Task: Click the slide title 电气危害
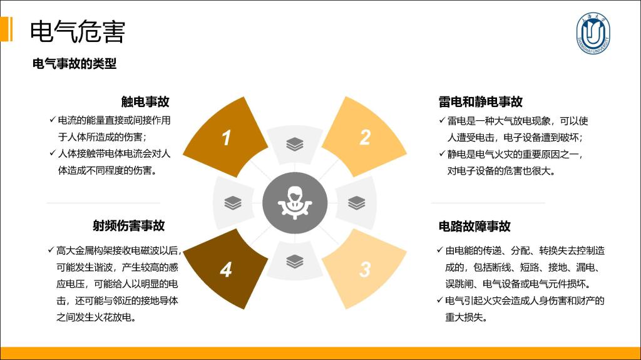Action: pyautogui.click(x=77, y=31)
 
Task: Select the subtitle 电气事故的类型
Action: pyautogui.click(x=74, y=64)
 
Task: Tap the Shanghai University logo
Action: pyautogui.click(x=593, y=33)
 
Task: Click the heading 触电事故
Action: pyautogui.click(x=145, y=102)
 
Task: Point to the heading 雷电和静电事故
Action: pyautogui.click(x=480, y=102)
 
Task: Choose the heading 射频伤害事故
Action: pyautogui.click(x=129, y=225)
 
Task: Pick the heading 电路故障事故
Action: pyautogui.click(x=474, y=226)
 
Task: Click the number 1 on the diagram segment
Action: pyautogui.click(x=227, y=138)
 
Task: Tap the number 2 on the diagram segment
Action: pyautogui.click(x=365, y=138)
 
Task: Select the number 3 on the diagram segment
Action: pyautogui.click(x=365, y=270)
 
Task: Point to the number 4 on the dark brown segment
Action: pyautogui.click(x=226, y=270)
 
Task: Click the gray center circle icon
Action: pyautogui.click(x=295, y=203)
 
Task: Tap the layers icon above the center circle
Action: pyautogui.click(x=295, y=145)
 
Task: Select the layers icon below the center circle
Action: pyautogui.click(x=295, y=262)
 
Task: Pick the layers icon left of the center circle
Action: pyautogui.click(x=233, y=203)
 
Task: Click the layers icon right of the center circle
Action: pyautogui.click(x=356, y=203)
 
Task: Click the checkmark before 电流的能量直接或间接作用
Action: pyautogui.click(x=53, y=120)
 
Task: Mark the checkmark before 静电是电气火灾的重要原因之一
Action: pyautogui.click(x=442, y=153)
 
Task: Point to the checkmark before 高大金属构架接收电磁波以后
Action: pyautogui.click(x=51, y=250)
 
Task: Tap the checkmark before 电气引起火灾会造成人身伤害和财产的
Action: pyautogui.click(x=440, y=300)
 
